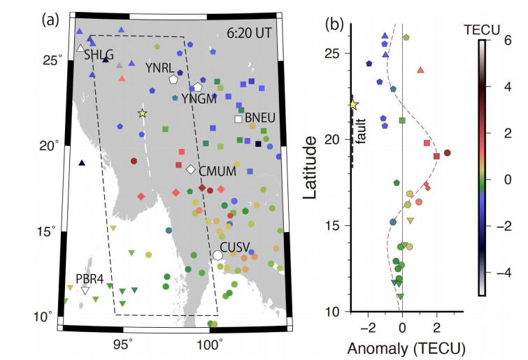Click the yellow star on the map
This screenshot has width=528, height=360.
143,113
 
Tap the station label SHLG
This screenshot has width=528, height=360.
99,55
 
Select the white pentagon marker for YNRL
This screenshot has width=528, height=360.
173,80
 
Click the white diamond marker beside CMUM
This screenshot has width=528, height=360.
191,169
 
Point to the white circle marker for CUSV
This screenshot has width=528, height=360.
217,255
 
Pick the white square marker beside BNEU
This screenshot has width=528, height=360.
238,119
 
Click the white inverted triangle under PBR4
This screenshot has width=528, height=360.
85,290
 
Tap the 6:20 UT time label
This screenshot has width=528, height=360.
249,33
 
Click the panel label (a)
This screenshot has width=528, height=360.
50,20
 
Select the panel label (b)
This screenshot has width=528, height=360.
334,24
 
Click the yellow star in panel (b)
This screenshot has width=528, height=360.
353,105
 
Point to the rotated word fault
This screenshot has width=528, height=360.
362,131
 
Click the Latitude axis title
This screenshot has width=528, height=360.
310,167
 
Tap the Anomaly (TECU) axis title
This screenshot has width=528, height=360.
406,349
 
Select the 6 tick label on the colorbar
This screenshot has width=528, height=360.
508,41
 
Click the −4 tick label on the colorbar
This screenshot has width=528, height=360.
504,272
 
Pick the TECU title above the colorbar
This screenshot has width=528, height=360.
482,30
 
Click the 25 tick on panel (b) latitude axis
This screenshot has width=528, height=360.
333,54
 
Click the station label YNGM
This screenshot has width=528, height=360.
199,99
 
